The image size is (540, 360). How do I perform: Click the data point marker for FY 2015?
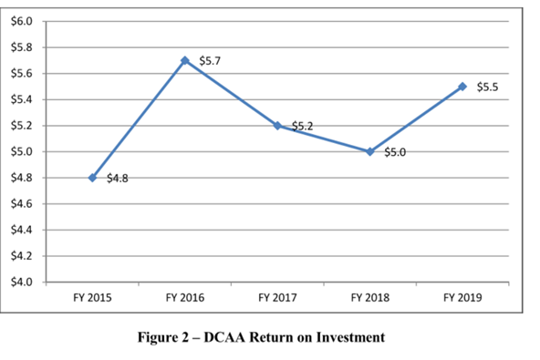coord(92,178)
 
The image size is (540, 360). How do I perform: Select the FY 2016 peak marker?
coord(184,60)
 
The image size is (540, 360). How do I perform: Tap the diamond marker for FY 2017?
coord(277,126)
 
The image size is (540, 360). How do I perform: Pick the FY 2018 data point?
coord(369,151)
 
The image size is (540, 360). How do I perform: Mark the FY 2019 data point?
coord(462,87)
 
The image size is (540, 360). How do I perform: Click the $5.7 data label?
coord(210,60)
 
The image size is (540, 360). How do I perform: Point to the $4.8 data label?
coord(118,180)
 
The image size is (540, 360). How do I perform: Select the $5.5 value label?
coord(487,87)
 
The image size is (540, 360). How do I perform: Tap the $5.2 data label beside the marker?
coord(303,126)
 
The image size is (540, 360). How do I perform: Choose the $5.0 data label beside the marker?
coord(395,152)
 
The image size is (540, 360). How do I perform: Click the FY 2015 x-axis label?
coord(92,298)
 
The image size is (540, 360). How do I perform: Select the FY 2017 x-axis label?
coord(277,298)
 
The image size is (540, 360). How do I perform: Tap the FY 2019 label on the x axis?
coord(462,298)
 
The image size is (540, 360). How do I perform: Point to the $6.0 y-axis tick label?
coord(20,21)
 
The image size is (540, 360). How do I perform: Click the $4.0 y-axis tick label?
coord(20,283)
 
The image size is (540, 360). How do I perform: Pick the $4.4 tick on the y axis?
coord(20,231)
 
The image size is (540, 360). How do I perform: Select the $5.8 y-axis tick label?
coord(20,47)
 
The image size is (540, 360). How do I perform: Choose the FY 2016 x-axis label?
coord(184,298)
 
